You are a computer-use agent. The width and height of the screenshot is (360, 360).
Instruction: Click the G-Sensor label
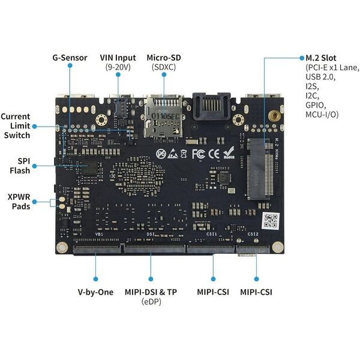[70, 58]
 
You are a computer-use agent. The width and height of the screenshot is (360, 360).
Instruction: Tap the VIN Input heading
[118, 58]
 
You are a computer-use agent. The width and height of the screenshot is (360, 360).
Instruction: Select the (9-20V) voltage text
[118, 68]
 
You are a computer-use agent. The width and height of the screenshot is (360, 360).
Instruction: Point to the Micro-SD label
[164, 58]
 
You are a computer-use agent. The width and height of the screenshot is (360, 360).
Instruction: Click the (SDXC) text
[164, 68]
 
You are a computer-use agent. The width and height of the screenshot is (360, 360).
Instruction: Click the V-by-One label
[95, 292]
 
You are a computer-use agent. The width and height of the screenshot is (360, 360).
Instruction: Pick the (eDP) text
[151, 302]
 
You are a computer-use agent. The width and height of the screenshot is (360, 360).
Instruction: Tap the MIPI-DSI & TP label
[151, 292]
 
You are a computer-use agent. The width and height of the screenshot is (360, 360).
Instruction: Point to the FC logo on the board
[199, 154]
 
